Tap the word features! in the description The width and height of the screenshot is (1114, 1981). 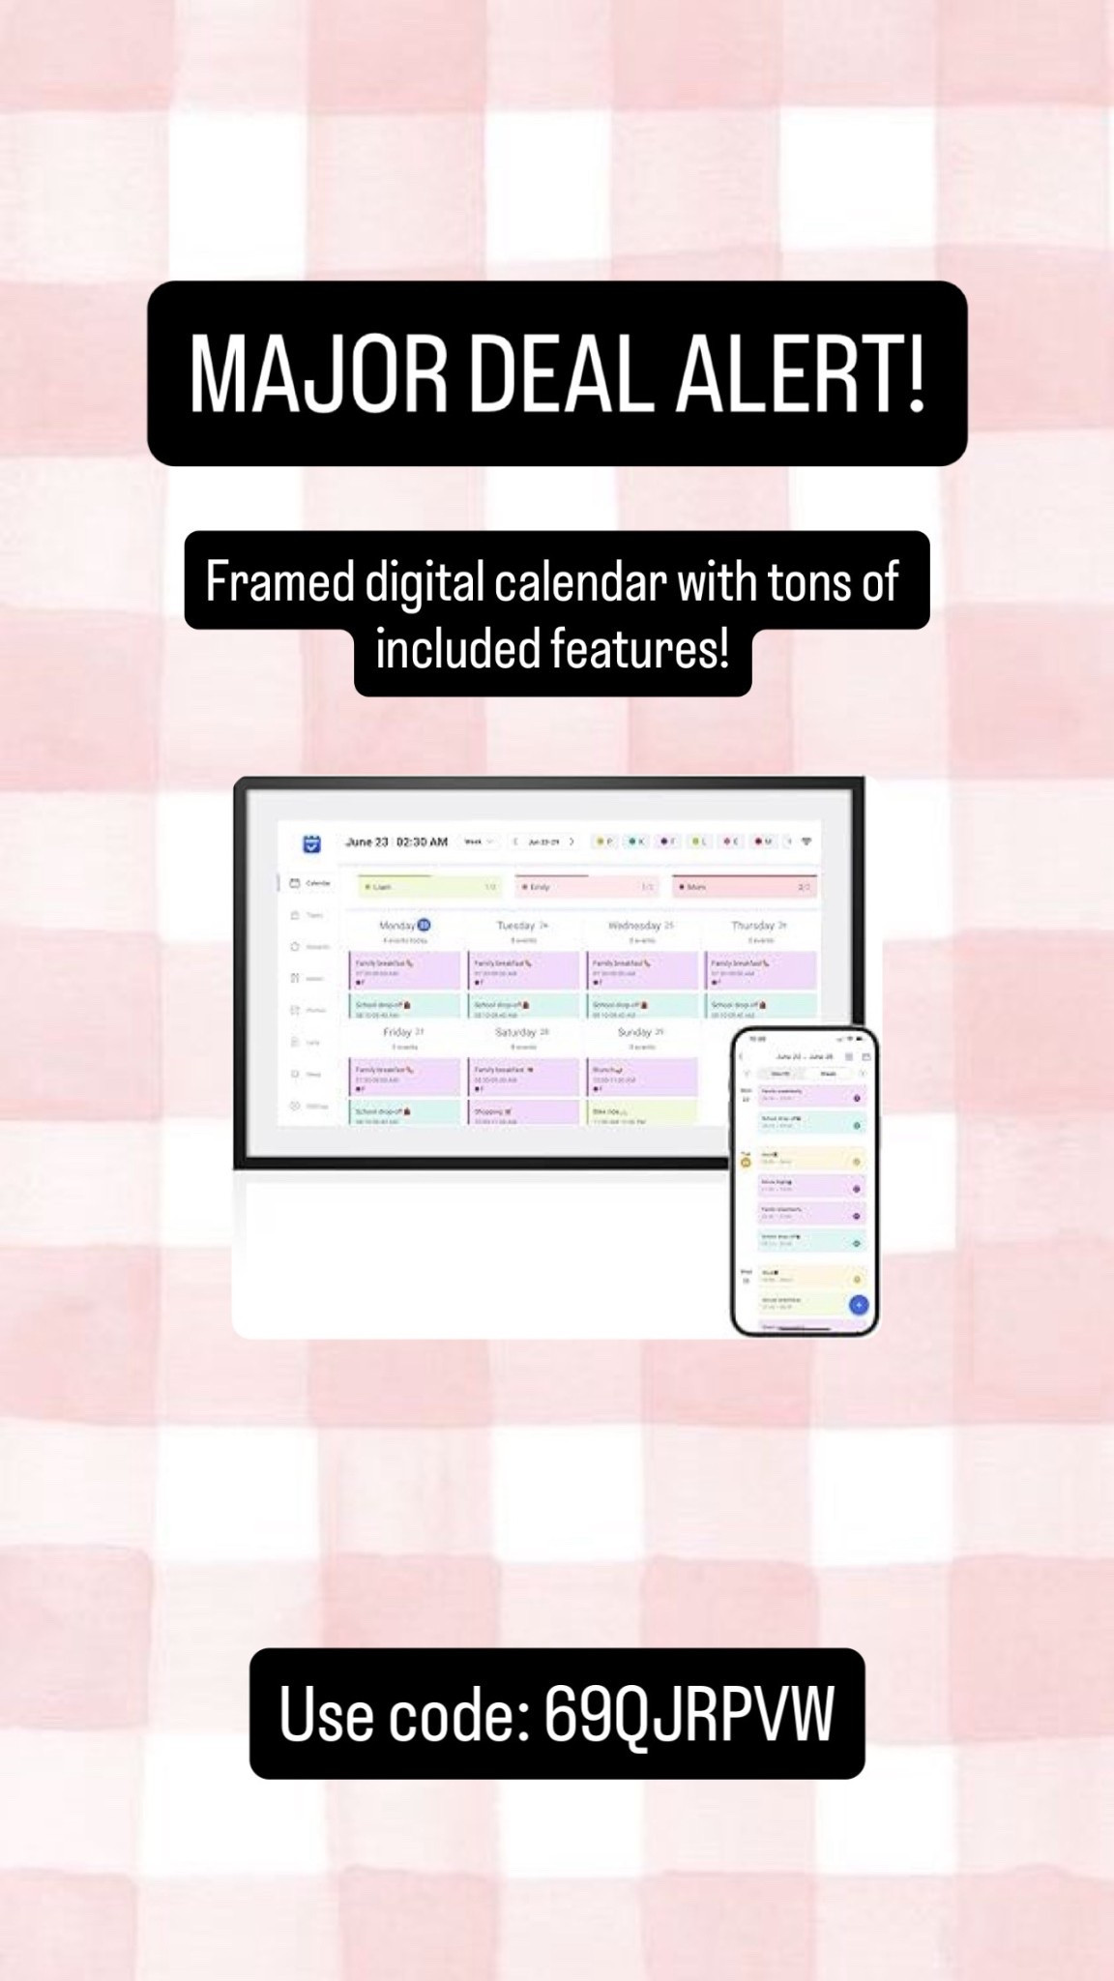click(639, 648)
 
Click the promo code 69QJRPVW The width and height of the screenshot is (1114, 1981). click(689, 1715)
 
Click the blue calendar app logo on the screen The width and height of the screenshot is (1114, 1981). click(311, 843)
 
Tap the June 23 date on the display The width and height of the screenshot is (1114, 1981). click(366, 842)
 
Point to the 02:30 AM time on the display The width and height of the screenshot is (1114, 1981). click(422, 842)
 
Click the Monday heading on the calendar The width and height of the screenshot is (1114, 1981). click(397, 926)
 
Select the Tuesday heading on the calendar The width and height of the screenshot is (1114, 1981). click(516, 926)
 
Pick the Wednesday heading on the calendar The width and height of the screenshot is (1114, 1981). click(634, 926)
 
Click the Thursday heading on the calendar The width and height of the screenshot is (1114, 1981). click(753, 926)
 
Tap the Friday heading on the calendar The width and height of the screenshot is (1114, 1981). click(397, 1032)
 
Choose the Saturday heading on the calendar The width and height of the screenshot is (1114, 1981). click(516, 1032)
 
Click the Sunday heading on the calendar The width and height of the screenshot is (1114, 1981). click(634, 1032)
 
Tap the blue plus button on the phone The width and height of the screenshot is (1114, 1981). click(858, 1305)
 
